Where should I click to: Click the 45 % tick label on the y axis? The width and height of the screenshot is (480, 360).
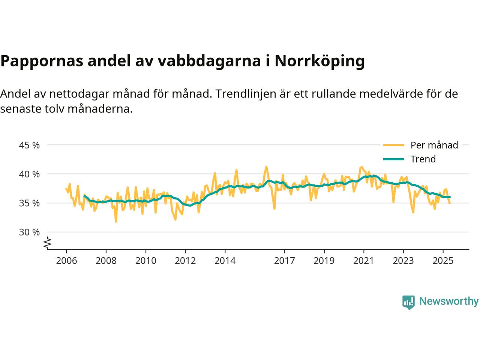click(x=29, y=145)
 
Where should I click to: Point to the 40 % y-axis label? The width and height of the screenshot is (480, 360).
click(x=29, y=174)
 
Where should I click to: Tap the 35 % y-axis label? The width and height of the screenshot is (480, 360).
click(x=29, y=203)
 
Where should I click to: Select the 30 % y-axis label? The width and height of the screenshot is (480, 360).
click(x=29, y=232)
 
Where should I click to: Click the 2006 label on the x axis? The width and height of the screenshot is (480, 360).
click(x=66, y=260)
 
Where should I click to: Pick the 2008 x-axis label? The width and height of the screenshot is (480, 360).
click(x=106, y=260)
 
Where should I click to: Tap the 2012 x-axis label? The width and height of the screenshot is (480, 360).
click(x=185, y=260)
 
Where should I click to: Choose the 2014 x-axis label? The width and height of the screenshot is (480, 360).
click(x=225, y=260)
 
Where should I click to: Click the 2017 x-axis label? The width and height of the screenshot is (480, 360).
click(x=284, y=260)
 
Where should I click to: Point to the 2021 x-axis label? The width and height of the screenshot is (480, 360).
click(x=364, y=260)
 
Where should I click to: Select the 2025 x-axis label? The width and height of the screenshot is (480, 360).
click(x=443, y=260)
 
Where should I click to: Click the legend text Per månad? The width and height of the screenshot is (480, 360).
click(x=434, y=145)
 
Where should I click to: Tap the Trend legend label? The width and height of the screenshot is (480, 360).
click(x=423, y=159)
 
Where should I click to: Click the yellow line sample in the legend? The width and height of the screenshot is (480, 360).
click(x=393, y=145)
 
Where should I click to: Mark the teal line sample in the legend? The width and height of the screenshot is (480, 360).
click(x=393, y=159)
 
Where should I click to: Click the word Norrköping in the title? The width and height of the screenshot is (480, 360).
click(x=319, y=61)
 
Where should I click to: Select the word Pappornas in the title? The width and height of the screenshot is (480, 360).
click(x=42, y=61)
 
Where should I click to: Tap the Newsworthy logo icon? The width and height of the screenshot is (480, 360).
click(x=408, y=302)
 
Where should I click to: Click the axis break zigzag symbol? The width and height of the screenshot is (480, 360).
click(x=47, y=243)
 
